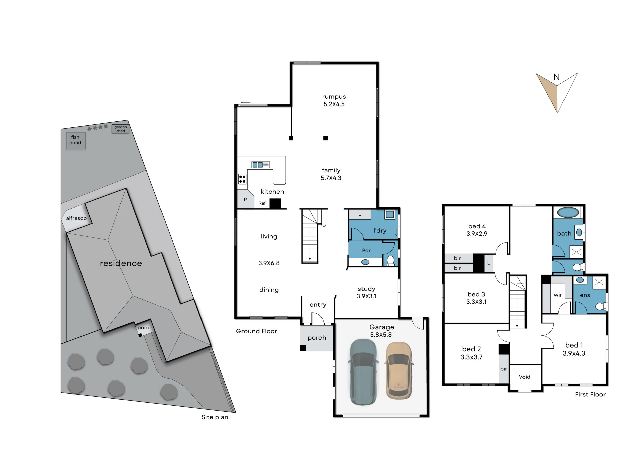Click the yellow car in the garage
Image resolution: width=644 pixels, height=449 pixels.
[398, 371]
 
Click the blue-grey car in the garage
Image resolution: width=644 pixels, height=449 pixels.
[363, 372]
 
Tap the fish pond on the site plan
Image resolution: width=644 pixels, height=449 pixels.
[76, 141]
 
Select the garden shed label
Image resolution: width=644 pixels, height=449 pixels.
[120, 129]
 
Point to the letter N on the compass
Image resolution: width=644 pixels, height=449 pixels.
[556, 77]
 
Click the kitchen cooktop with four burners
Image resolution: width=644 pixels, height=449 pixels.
[242, 179]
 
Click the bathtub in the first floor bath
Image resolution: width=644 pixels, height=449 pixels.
[568, 212]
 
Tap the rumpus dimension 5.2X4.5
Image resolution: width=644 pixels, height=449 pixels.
[334, 104]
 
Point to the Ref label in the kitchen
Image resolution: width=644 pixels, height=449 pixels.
[262, 203]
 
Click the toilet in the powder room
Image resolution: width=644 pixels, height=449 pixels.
[390, 261]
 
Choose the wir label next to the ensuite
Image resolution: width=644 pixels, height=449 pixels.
[558, 295]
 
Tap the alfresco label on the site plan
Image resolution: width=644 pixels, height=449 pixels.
[76, 218]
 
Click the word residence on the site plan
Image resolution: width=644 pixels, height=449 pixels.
[121, 263]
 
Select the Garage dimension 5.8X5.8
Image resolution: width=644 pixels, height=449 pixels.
[381, 335]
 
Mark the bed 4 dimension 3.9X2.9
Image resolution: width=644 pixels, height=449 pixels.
[477, 234]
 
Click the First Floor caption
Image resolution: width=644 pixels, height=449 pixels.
[590, 394]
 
